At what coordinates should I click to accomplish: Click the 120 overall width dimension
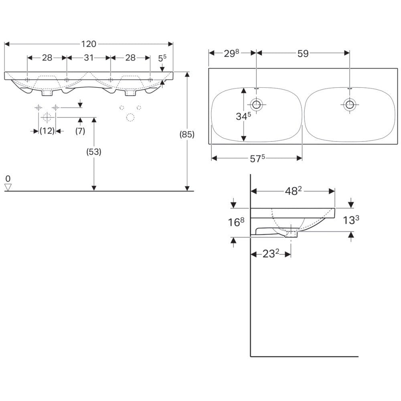click(x=89, y=44)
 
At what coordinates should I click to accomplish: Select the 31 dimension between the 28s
click(x=89, y=57)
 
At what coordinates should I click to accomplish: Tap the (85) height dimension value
click(x=187, y=134)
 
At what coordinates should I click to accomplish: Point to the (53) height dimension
click(x=94, y=152)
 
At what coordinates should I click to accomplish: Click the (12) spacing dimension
click(x=47, y=131)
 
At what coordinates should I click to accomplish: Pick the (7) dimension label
click(x=80, y=131)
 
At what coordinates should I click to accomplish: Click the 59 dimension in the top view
click(x=303, y=53)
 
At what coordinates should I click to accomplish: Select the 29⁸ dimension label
click(x=231, y=53)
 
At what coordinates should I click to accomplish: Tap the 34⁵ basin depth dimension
click(x=243, y=116)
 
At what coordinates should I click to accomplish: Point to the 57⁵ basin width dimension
click(x=257, y=158)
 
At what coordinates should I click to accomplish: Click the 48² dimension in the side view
click(x=294, y=191)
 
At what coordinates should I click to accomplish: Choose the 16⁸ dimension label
click(x=236, y=222)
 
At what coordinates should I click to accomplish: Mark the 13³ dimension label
click(x=351, y=220)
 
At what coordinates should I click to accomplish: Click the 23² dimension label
click(x=271, y=254)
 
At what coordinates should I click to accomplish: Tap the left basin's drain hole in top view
click(x=257, y=104)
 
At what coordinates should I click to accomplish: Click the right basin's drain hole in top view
click(x=350, y=104)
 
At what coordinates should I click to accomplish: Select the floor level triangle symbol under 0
click(x=8, y=187)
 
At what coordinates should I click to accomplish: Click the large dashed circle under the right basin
click(x=130, y=117)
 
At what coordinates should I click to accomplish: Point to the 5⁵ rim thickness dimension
click(x=162, y=58)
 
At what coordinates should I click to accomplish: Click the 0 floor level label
click(x=8, y=178)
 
